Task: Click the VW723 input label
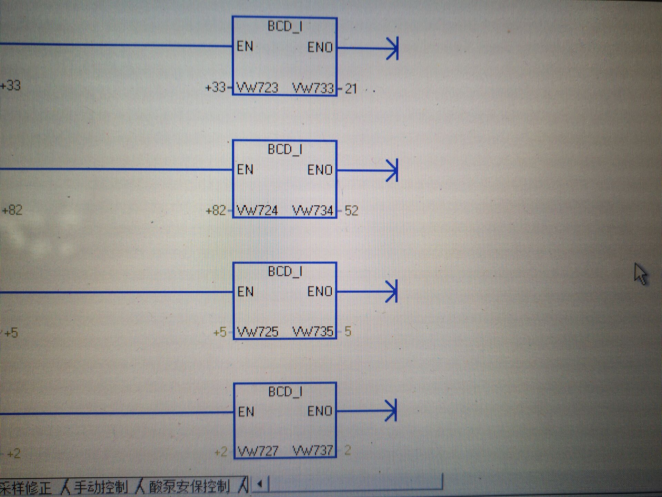tap(257, 88)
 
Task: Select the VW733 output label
tap(313, 88)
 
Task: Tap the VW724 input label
tap(257, 210)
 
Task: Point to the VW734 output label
tap(313, 210)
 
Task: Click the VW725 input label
tap(258, 332)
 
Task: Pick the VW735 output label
tap(313, 332)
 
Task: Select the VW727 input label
tap(258, 451)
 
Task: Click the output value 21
tap(351, 89)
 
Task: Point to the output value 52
tap(351, 211)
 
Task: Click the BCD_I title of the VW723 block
tap(285, 26)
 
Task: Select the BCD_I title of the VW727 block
tap(285, 391)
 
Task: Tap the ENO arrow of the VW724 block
tap(392, 170)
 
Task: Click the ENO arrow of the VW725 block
tap(391, 292)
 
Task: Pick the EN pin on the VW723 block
tap(245, 46)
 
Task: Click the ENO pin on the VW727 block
tap(320, 411)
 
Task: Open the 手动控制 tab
tap(101, 487)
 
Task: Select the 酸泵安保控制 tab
tap(189, 487)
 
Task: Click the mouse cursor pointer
tap(640, 274)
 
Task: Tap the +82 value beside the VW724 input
tap(215, 210)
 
